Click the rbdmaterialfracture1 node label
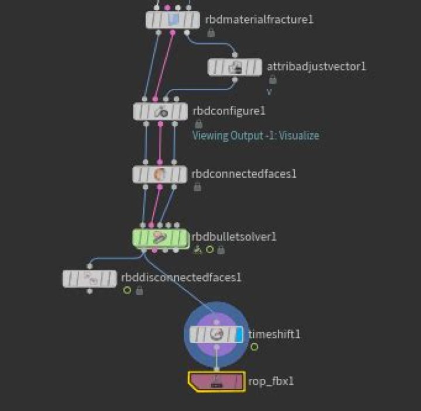tap(259, 19)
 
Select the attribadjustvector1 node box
tap(234, 67)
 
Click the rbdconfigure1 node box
tap(160, 112)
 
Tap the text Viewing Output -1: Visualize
tap(256, 136)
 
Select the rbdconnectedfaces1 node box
tap(160, 174)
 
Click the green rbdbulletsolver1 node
tap(160, 238)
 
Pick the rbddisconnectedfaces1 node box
tap(89, 279)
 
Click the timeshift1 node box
tap(216, 334)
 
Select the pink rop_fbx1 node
tap(216, 382)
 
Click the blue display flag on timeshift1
tap(239, 334)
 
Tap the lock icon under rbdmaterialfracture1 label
tap(211, 33)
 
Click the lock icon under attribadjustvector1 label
tap(272, 80)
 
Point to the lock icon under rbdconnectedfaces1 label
tap(198, 187)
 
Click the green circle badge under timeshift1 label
tap(254, 347)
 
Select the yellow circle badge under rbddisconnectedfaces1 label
tap(127, 290)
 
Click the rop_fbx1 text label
tap(271, 381)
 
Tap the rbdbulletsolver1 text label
tap(234, 237)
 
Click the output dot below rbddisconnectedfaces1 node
tap(89, 291)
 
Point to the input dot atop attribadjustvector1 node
tap(234, 55)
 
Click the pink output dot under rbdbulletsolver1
tap(154, 250)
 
